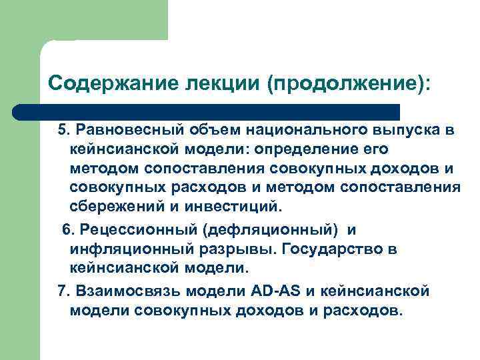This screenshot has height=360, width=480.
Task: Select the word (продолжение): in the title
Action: click(348, 84)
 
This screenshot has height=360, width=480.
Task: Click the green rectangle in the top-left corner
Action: click(83, 20)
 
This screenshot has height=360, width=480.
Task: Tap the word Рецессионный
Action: click(133, 230)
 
